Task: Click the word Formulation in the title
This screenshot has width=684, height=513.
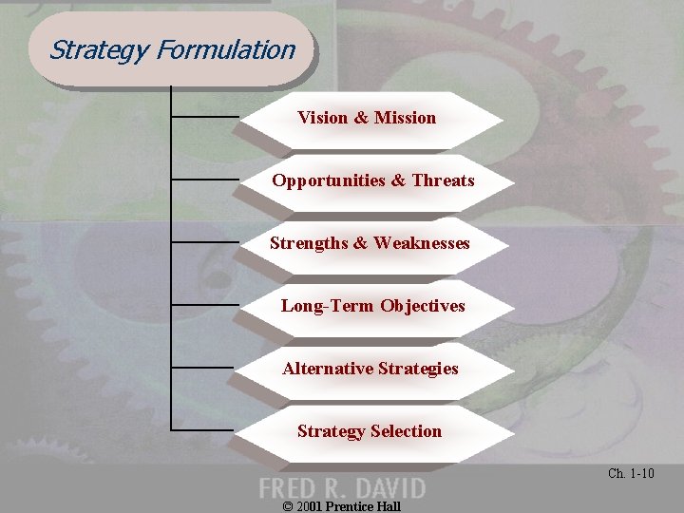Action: (x=227, y=49)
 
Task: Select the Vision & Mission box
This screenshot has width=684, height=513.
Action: (x=367, y=119)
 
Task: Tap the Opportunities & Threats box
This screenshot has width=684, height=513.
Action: (x=372, y=180)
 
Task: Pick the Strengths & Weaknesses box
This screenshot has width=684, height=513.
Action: (x=370, y=243)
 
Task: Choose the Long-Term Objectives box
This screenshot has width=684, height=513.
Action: (x=372, y=306)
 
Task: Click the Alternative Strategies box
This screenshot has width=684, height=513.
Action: (x=370, y=369)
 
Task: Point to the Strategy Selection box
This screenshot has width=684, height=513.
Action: (x=369, y=431)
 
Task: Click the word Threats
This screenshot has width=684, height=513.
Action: (x=443, y=180)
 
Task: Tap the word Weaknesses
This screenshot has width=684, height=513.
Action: (x=422, y=243)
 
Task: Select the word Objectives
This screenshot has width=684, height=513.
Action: (x=423, y=306)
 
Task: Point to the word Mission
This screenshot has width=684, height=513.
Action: (x=405, y=118)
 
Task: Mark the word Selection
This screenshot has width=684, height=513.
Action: (x=406, y=431)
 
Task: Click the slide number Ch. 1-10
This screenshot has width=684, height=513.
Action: (x=631, y=473)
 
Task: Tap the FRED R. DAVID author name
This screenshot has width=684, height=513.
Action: (x=342, y=488)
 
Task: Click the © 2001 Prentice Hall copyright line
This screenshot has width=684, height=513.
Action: (x=342, y=506)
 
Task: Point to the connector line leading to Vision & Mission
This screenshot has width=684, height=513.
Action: (x=204, y=117)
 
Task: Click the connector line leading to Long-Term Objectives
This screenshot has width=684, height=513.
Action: (x=204, y=305)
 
